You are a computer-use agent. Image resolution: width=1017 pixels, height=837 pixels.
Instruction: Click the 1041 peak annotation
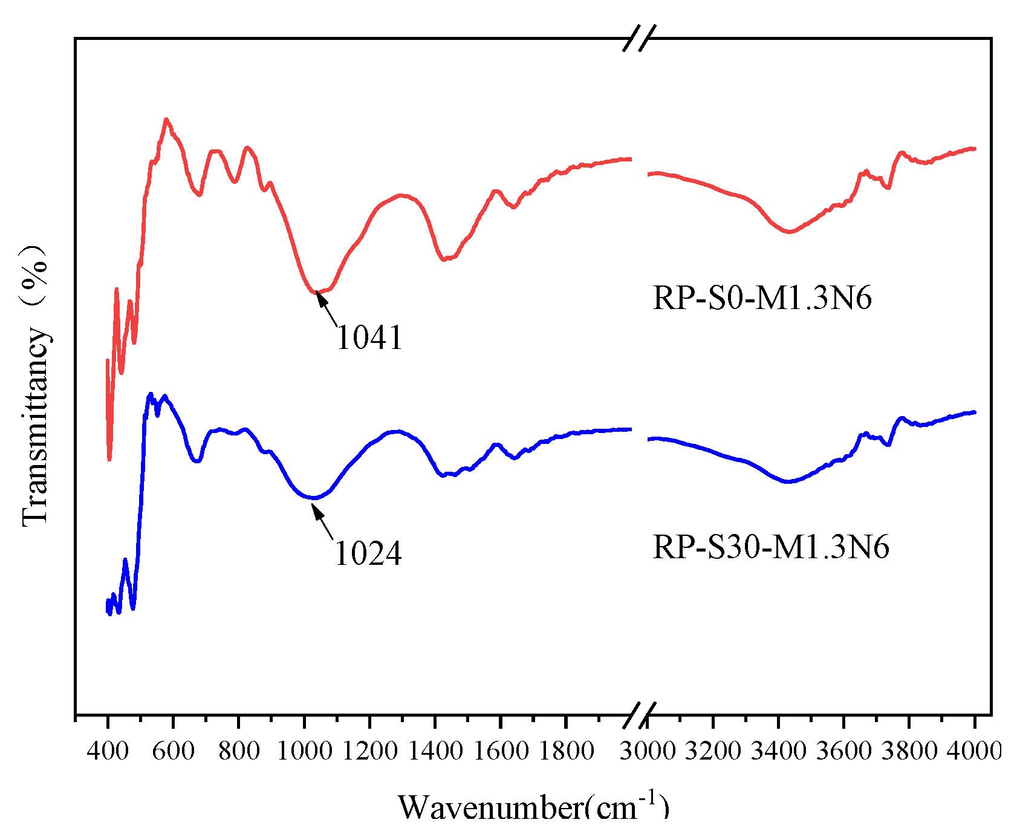click(x=369, y=337)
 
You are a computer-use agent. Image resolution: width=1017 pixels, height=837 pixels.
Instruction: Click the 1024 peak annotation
click(x=368, y=553)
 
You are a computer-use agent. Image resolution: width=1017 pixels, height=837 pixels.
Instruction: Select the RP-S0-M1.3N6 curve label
click(x=762, y=298)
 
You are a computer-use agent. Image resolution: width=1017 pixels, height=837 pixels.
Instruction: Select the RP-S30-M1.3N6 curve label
click(x=771, y=547)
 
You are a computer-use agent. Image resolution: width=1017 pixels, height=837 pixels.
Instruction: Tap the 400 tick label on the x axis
click(x=108, y=751)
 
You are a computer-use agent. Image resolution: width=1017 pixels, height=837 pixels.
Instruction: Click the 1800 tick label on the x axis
click(x=565, y=751)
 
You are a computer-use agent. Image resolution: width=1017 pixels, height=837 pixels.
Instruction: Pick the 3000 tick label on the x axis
click(x=648, y=751)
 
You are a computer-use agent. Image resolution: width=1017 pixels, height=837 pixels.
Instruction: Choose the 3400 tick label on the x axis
click(x=779, y=751)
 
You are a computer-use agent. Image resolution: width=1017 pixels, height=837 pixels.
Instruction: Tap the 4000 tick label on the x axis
click(x=974, y=751)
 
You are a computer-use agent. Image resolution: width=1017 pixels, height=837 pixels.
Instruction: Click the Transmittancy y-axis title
click(x=35, y=385)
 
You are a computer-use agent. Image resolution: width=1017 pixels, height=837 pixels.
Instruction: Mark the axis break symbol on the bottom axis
click(x=640, y=714)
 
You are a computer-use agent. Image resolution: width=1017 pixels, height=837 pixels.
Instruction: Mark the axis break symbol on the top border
click(x=640, y=38)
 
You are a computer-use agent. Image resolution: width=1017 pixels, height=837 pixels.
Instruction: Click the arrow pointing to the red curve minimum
click(x=327, y=308)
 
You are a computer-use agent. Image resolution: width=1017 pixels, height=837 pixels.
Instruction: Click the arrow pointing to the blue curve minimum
click(x=323, y=521)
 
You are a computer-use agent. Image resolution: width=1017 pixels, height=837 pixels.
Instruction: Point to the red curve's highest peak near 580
click(x=166, y=119)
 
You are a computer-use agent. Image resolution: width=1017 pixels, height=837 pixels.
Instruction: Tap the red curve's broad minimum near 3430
click(x=788, y=232)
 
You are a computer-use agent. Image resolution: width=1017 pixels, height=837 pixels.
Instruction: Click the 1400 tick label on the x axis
click(x=435, y=751)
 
